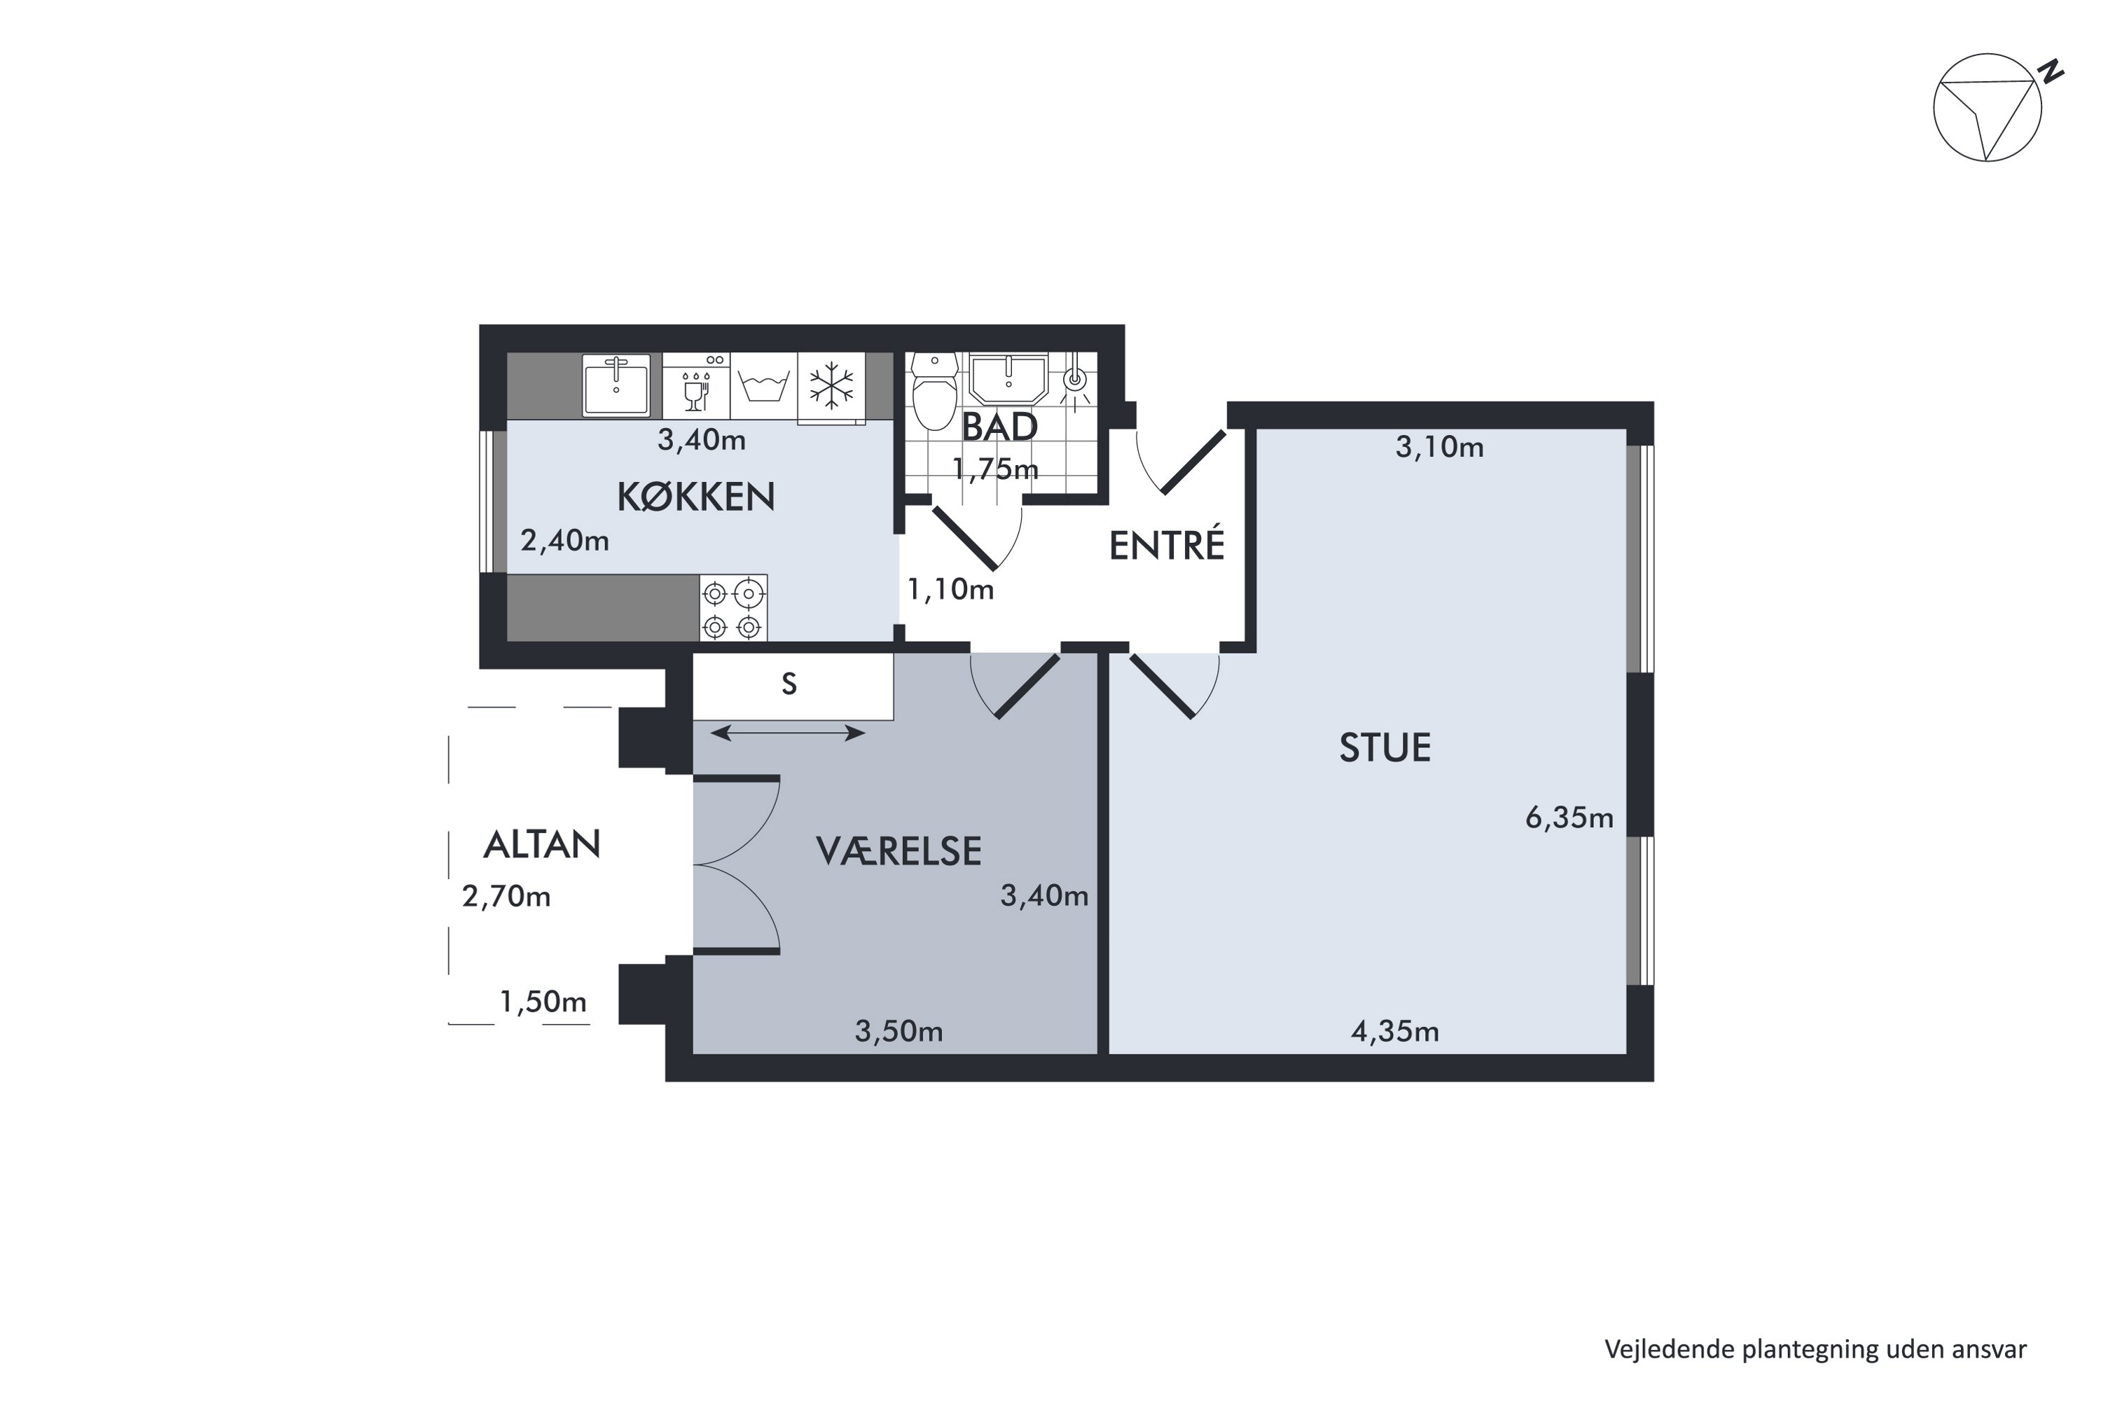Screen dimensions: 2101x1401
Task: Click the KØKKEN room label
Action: tap(696, 497)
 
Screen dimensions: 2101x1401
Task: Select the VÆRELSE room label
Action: tap(899, 852)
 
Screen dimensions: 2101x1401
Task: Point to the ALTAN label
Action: tap(541, 844)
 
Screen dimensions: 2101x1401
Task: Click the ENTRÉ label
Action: tap(1167, 545)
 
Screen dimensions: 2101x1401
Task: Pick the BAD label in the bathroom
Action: tap(999, 427)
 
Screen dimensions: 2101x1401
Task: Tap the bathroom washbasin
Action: tap(1008, 380)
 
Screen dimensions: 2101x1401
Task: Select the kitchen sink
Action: tap(616, 386)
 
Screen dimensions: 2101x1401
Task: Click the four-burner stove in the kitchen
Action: tap(733, 607)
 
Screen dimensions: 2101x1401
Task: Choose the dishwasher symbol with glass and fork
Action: tap(696, 386)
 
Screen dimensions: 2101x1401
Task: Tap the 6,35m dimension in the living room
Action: tap(1569, 817)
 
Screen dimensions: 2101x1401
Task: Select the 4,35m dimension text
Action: tap(1394, 1032)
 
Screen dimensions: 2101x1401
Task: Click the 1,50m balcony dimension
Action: tap(543, 1002)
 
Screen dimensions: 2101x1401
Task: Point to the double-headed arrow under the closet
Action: tap(788, 733)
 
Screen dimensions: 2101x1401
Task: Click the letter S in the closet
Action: tap(789, 684)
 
